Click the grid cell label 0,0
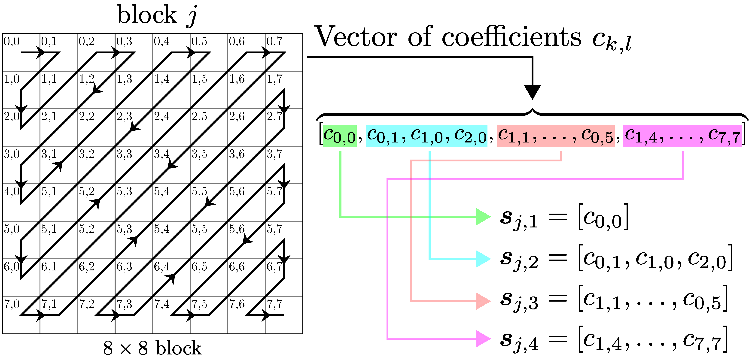pos(12,41)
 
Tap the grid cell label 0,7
pos(274,41)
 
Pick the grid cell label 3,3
pos(124,154)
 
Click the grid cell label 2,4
pos(162,116)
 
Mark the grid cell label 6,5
pos(199,267)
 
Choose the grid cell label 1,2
pos(87,79)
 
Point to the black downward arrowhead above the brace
pos(532,92)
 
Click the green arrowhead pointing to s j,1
pos(483,217)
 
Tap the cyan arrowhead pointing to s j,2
pos(483,259)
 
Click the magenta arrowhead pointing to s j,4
pos(483,339)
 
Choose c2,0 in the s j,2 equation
pos(706,259)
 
